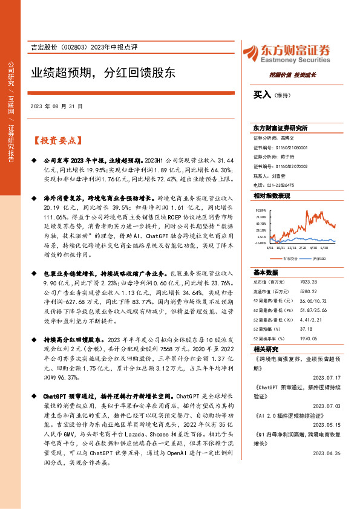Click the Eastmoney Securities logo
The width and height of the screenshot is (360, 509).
tap(286, 53)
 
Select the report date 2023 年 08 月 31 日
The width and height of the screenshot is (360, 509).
tap(56, 106)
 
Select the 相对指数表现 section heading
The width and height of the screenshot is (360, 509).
tap(272, 196)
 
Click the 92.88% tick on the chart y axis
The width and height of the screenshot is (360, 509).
tap(261, 210)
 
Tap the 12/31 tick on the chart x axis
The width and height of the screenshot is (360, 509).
tap(293, 248)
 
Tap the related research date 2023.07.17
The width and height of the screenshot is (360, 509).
tap(335, 377)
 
